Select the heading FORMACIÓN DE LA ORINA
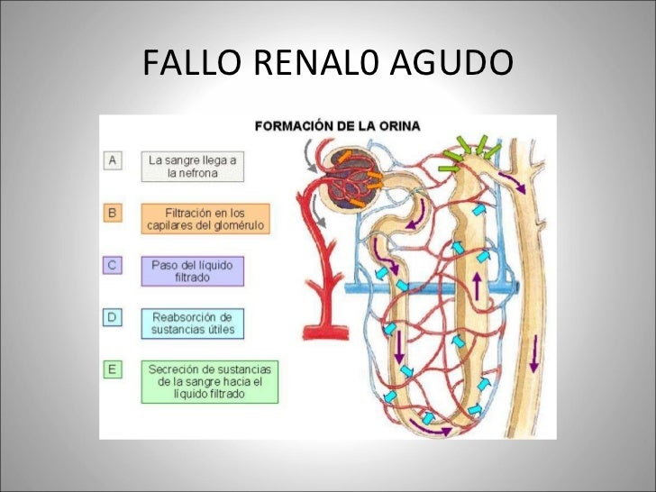338,126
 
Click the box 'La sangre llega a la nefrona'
193,167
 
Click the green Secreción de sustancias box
210,381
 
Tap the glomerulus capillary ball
349,178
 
